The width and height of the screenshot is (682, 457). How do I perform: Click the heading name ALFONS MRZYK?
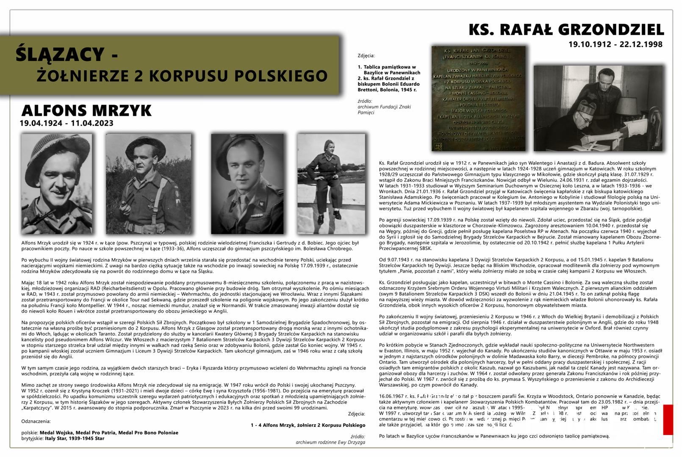[86, 111]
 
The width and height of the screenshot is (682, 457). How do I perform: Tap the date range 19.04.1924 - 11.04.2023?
[66, 124]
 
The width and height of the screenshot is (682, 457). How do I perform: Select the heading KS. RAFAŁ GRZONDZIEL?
[566, 30]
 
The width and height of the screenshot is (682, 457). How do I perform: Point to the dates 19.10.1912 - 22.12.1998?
[615, 44]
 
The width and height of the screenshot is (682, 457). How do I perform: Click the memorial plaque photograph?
[478, 99]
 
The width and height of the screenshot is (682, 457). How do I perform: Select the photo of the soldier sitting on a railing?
[331, 184]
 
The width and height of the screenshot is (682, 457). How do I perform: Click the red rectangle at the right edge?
[668, 419]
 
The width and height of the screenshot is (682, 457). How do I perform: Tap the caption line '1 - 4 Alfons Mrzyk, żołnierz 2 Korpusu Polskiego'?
[308, 425]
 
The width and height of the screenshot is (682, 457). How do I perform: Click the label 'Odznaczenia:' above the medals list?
[36, 421]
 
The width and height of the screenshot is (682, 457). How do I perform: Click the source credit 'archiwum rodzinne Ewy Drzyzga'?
[330, 442]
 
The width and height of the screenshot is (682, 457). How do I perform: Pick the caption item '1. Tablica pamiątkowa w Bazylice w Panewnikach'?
[387, 70]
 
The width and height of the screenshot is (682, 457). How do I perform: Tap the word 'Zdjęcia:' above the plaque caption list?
[366, 55]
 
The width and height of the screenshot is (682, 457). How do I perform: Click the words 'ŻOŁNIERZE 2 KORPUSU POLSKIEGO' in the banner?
[182, 76]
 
